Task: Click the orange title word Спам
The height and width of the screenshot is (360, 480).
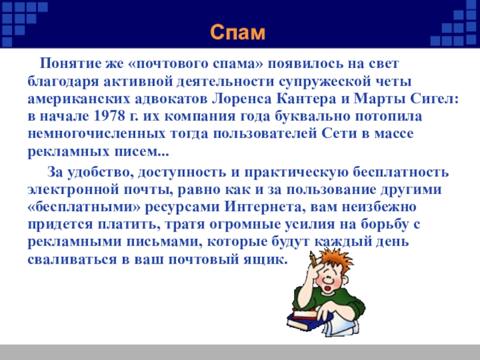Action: (238, 32)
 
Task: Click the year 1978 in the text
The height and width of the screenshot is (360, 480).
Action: (110, 116)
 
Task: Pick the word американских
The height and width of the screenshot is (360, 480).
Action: (79, 99)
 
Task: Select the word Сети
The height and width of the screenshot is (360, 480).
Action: (340, 134)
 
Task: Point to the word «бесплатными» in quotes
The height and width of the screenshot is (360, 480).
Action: (84, 207)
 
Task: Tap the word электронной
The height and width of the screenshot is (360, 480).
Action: (73, 190)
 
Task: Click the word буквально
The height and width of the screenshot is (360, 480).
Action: (312, 116)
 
